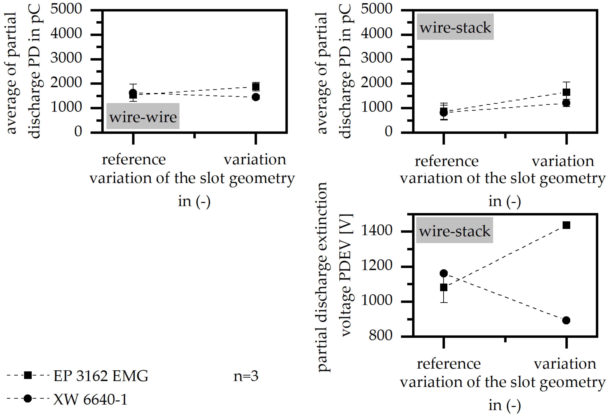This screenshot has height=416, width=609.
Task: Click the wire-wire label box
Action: pyautogui.click(x=143, y=116)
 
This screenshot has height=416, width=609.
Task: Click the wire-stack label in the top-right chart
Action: pyautogui.click(x=455, y=27)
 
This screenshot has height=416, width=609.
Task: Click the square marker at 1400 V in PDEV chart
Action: pyautogui.click(x=566, y=225)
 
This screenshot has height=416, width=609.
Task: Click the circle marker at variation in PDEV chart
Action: pyautogui.click(x=566, y=320)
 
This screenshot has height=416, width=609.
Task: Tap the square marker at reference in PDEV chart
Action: pyautogui.click(x=444, y=287)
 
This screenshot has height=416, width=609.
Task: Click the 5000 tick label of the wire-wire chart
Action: pyautogui.click(x=66, y=9)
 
